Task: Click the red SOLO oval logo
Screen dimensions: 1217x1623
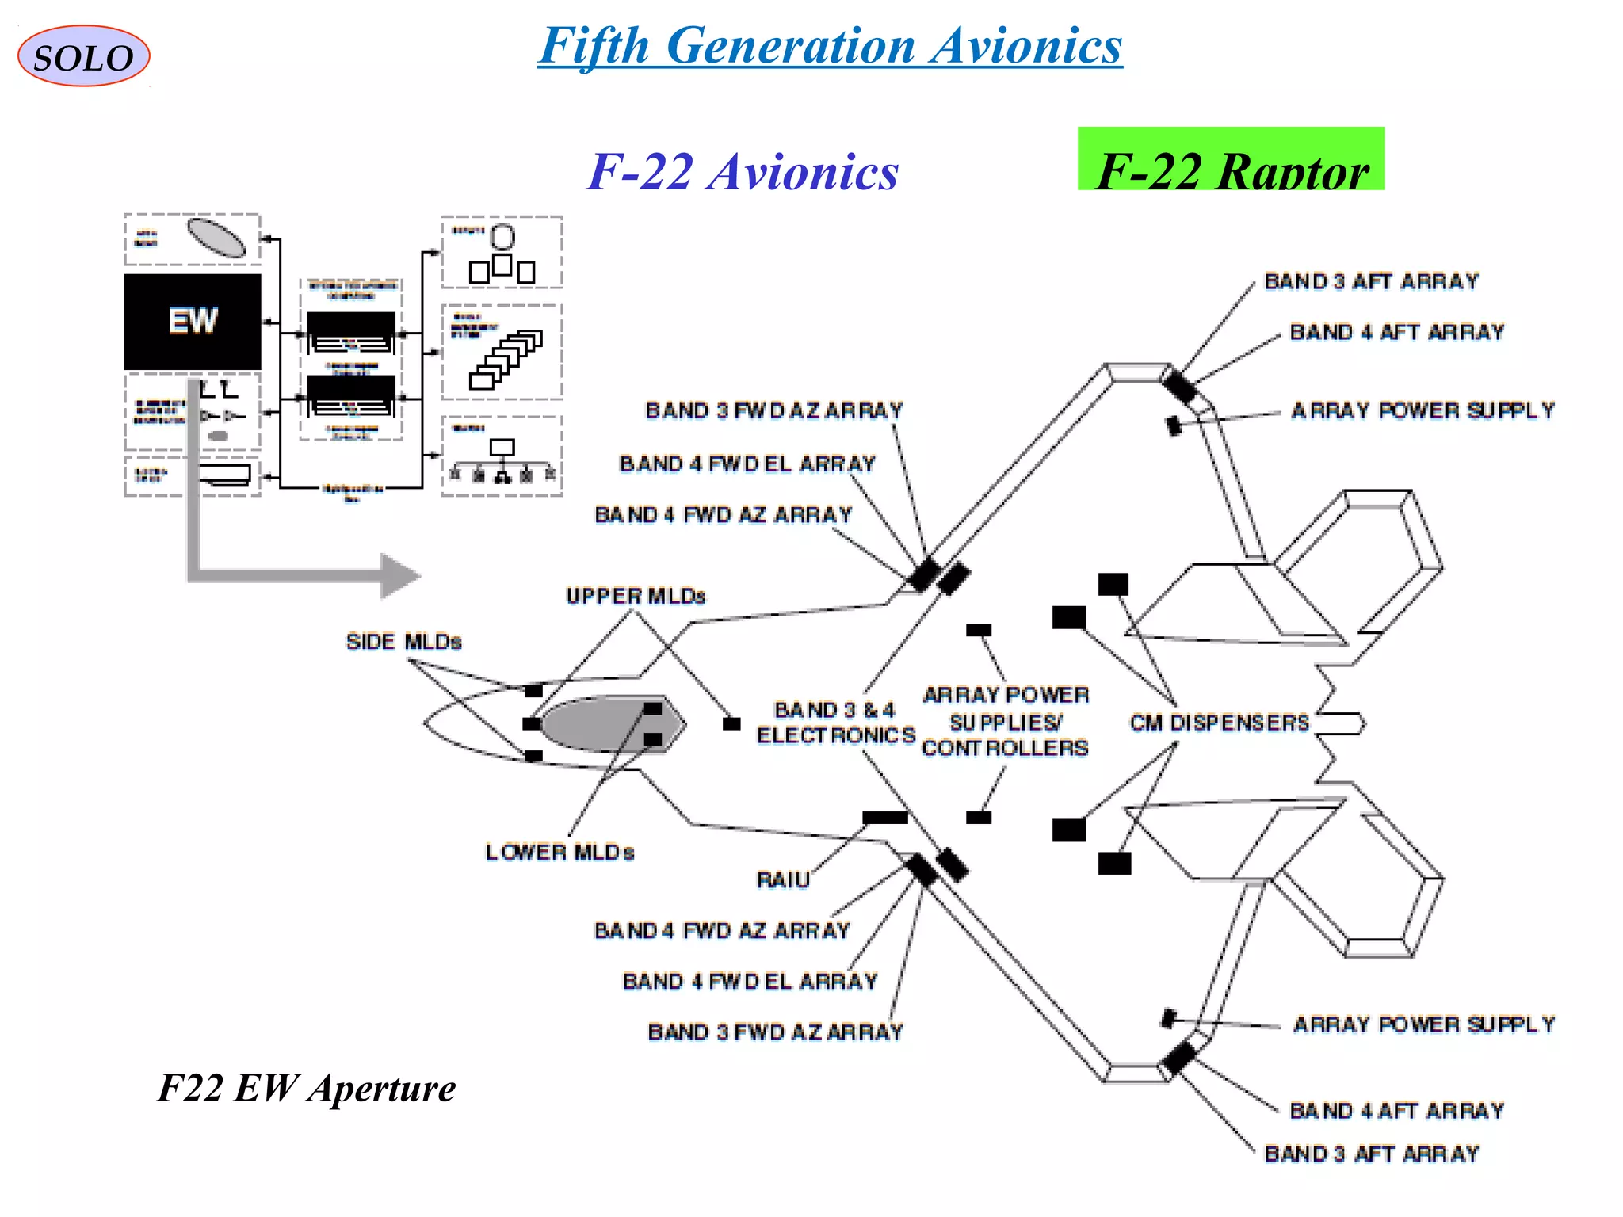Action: click(x=83, y=56)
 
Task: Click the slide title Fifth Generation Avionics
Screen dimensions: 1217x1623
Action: click(x=830, y=45)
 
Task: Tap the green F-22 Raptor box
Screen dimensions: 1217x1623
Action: click(x=1230, y=160)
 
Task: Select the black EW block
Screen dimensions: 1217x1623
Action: click(x=193, y=322)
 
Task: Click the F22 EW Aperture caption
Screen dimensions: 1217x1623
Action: click(x=307, y=1088)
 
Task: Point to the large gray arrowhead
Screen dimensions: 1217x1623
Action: click(x=399, y=576)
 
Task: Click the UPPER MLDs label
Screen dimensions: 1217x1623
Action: click(x=636, y=596)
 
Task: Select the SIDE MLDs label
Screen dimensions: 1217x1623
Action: click(x=403, y=641)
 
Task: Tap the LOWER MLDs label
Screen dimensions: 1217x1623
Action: click(x=559, y=853)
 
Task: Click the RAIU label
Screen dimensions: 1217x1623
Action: click(x=783, y=880)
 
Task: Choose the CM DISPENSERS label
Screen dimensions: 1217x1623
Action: click(x=1219, y=723)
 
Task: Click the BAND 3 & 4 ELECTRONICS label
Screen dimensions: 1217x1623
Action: click(x=835, y=723)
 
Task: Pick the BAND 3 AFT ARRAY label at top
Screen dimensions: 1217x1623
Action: click(x=1371, y=281)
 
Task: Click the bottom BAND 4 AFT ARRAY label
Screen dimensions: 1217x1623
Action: click(x=1396, y=1111)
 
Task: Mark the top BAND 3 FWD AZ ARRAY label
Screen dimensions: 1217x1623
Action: click(x=773, y=410)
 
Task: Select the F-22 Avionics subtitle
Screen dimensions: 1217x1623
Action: click(x=743, y=171)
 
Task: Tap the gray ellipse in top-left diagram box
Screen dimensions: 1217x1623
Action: click(x=216, y=238)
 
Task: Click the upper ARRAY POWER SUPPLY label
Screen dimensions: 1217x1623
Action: click(x=1423, y=410)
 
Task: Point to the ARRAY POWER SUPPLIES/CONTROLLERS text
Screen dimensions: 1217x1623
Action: click(x=1005, y=722)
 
